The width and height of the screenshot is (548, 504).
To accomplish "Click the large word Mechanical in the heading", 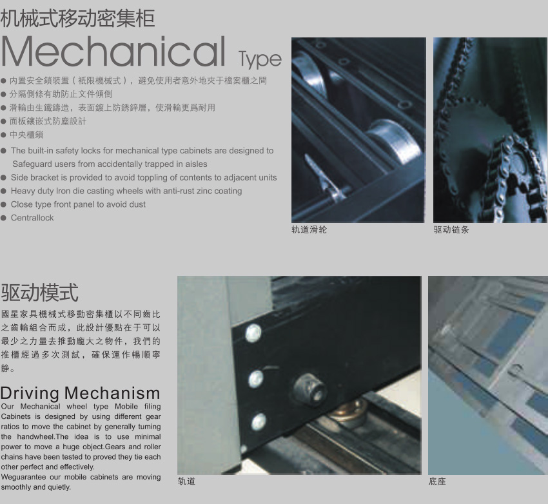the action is click(113, 52).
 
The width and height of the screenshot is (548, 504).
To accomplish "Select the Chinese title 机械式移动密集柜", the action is click(77, 18).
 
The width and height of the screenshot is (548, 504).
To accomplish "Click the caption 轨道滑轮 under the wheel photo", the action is click(309, 229).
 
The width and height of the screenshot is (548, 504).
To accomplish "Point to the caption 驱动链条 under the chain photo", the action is click(451, 229).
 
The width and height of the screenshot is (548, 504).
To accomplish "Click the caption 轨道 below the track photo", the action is click(186, 481).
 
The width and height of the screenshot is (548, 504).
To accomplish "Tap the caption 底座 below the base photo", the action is click(437, 481).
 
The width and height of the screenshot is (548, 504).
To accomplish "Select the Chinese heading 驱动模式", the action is click(39, 293).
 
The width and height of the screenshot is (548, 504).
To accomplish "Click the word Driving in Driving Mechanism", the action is click(30, 394).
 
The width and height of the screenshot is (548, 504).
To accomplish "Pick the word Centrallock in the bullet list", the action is click(32, 218).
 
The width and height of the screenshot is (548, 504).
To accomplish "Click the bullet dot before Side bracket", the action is click(3, 178).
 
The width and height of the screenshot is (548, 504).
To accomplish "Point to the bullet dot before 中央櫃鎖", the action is click(3, 135).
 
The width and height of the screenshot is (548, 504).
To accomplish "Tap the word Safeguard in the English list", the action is click(30, 164).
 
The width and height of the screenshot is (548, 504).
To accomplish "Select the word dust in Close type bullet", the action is click(138, 204).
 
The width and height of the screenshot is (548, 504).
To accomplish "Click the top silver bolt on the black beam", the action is click(253, 333).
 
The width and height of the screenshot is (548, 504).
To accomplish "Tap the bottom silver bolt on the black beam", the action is click(259, 422).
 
